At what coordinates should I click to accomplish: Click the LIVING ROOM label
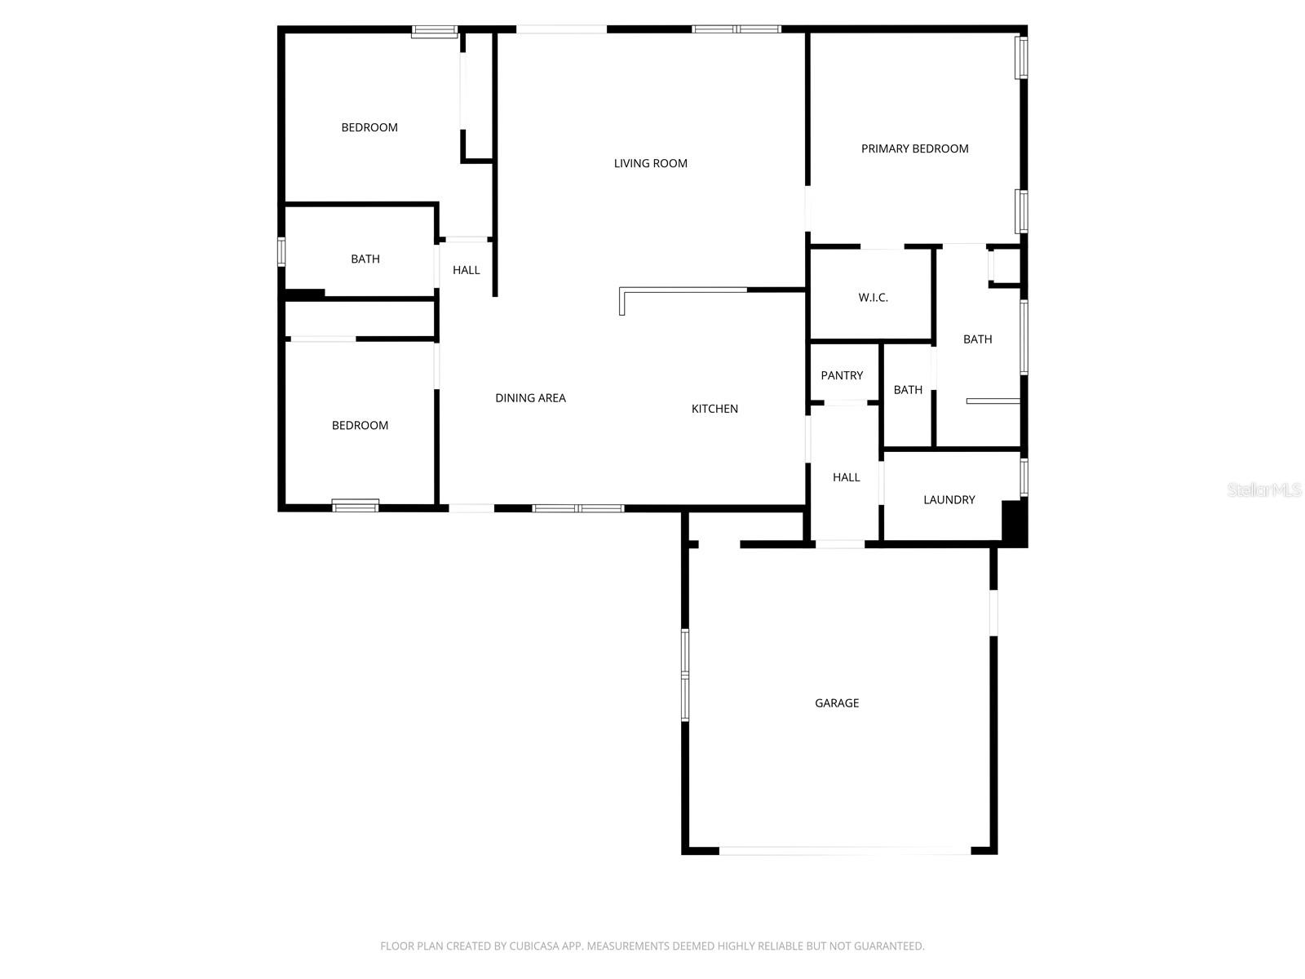[x=650, y=163]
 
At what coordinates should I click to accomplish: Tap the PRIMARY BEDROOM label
[x=914, y=148]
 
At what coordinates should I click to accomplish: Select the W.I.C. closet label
[x=873, y=298]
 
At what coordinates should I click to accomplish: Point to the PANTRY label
[x=842, y=375]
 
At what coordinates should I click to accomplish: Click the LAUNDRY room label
[x=949, y=499]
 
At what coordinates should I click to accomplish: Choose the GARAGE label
[x=837, y=702]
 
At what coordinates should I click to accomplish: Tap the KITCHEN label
[x=714, y=409]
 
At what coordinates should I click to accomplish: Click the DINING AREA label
[x=530, y=398]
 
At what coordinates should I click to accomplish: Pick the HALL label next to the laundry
[x=846, y=477]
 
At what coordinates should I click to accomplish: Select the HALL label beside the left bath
[x=466, y=270]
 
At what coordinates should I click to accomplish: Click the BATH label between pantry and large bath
[x=908, y=390]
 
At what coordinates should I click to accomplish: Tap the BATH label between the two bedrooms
[x=365, y=259]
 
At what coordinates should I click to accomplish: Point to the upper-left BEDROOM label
[x=369, y=127]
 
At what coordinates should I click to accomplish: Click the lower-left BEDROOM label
[x=360, y=425]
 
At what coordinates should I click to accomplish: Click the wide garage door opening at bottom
[x=844, y=851]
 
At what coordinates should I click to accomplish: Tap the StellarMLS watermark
[x=1264, y=489]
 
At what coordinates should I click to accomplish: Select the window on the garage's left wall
[x=685, y=675]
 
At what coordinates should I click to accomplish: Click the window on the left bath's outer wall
[x=281, y=251]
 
